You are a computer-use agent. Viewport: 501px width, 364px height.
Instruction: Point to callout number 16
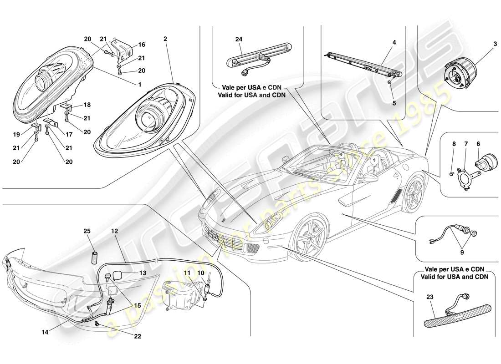[142, 45]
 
